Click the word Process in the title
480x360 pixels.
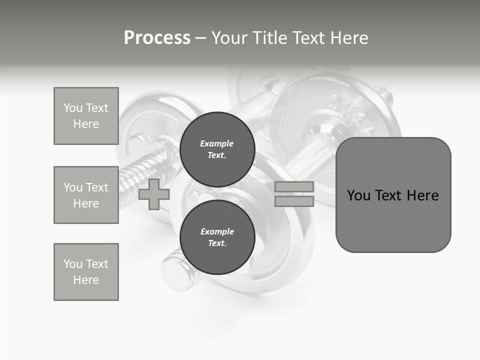(157, 38)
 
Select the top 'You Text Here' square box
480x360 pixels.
(86, 116)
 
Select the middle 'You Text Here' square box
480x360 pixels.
(86, 195)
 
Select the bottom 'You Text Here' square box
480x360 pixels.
(86, 272)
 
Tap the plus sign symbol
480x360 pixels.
(154, 194)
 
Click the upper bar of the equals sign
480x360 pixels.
(294, 186)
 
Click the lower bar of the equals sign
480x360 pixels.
(294, 201)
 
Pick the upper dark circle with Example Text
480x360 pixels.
(217, 149)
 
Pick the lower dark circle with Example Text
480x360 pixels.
(217, 237)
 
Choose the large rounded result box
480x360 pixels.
(393, 195)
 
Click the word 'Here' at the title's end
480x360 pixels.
(349, 38)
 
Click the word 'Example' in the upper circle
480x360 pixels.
(217, 143)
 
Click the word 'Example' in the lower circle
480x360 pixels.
(217, 231)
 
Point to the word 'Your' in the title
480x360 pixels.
(230, 38)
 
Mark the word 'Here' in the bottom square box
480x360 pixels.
(86, 280)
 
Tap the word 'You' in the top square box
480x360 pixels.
(72, 108)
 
